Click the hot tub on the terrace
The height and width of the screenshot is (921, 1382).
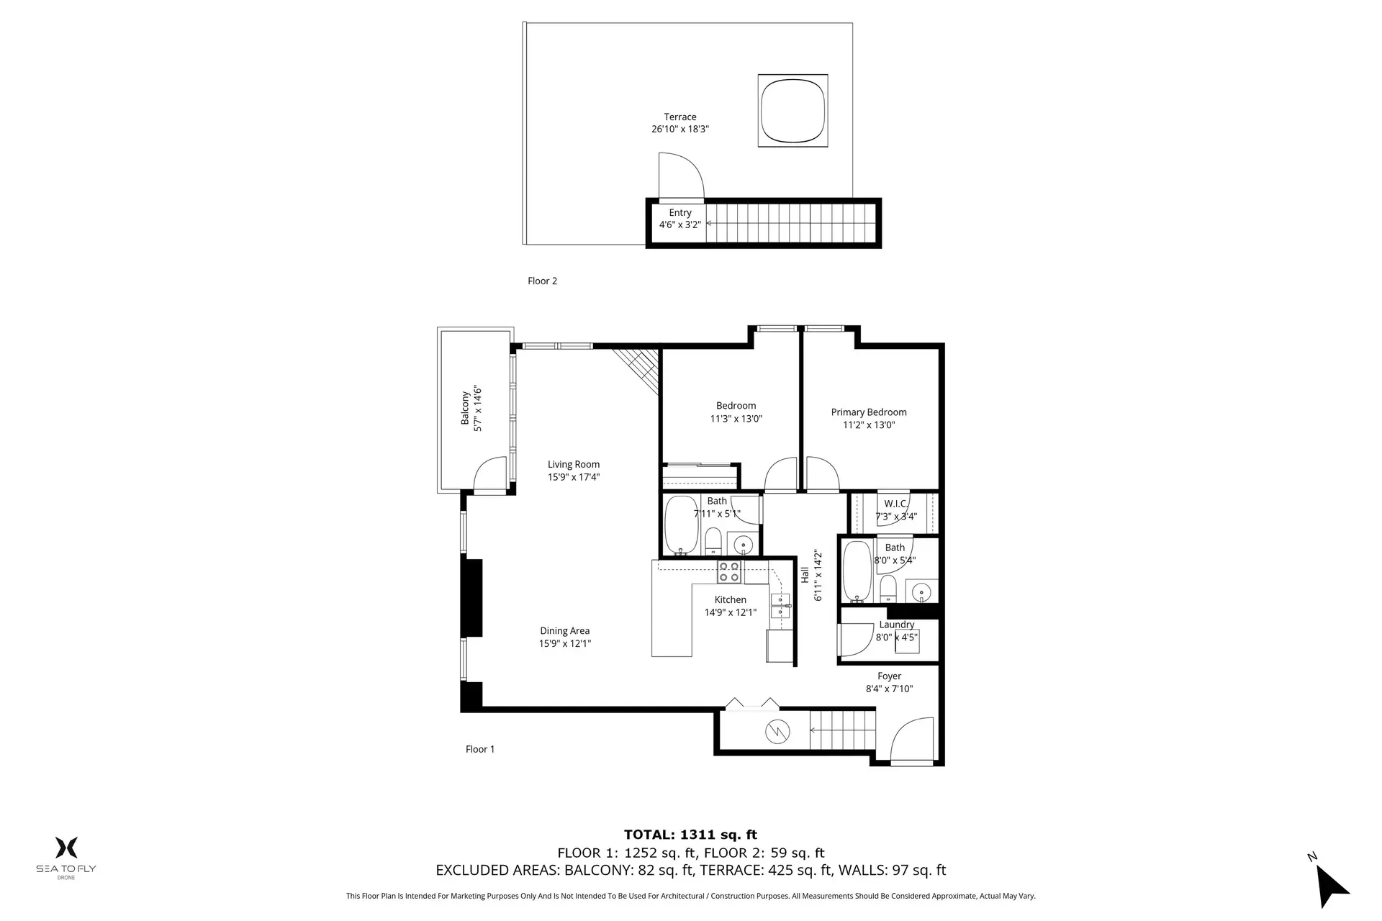[792, 111]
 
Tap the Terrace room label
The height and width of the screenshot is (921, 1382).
[679, 117]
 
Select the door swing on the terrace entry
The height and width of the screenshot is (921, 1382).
[679, 176]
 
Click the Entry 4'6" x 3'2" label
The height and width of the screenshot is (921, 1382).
[679, 219]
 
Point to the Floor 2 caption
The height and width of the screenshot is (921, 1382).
[542, 281]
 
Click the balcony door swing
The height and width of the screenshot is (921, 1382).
[492, 476]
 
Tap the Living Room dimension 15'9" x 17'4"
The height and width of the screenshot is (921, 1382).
[573, 477]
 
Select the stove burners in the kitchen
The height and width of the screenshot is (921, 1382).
[729, 572]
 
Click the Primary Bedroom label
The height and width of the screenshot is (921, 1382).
[868, 412]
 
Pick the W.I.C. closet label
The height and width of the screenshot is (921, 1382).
[895, 504]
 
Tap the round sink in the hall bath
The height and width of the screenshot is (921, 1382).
[741, 544]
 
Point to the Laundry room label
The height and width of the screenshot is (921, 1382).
[896, 625]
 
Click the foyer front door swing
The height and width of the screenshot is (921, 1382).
[911, 740]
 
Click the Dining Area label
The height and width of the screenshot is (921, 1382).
[564, 631]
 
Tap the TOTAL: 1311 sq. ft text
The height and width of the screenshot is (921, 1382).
[690, 835]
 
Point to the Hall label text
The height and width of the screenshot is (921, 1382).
[804, 575]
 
